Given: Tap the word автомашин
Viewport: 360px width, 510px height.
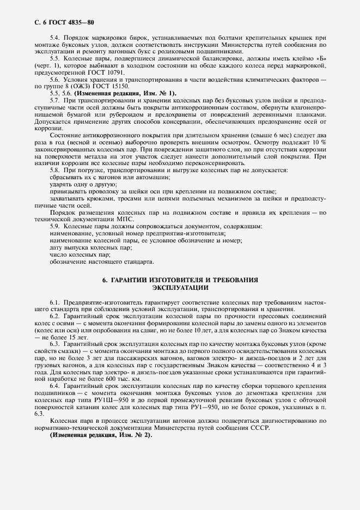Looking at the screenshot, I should (152, 178).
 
